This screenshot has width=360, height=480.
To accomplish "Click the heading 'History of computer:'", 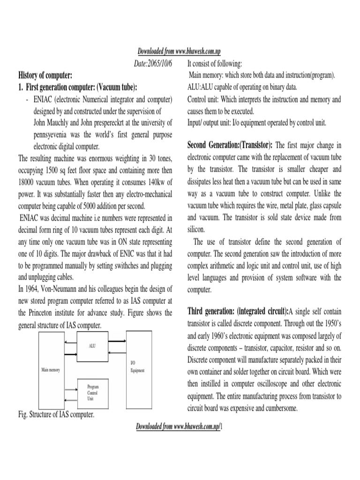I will [x=45, y=75].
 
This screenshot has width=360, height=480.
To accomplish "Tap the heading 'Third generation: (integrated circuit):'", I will [x=238, y=312].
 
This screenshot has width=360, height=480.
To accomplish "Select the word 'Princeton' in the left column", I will [x=45, y=313].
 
